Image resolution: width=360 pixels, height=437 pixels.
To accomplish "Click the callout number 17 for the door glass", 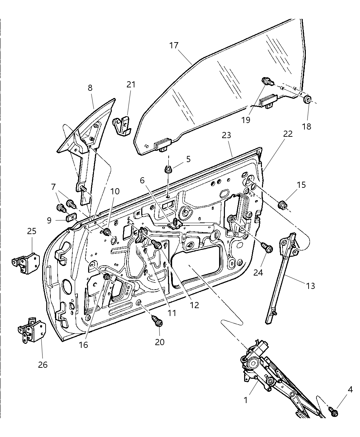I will click(x=174, y=46).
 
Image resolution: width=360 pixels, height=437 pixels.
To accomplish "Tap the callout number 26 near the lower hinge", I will click(x=43, y=365).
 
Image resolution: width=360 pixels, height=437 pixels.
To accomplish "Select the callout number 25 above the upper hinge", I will click(x=32, y=231).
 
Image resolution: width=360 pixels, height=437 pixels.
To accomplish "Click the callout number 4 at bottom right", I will click(x=350, y=390).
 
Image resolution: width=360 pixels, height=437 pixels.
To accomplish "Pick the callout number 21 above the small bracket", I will click(x=131, y=84).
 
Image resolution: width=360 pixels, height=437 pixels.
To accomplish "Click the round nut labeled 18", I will click(x=308, y=100).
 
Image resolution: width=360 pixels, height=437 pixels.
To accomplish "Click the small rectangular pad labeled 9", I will click(x=71, y=218).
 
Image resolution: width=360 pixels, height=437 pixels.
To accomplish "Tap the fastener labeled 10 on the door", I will click(x=107, y=232).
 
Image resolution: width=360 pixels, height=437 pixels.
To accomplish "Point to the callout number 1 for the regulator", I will click(x=245, y=400).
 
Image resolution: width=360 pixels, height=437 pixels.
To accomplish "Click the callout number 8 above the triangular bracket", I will click(x=90, y=88).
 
